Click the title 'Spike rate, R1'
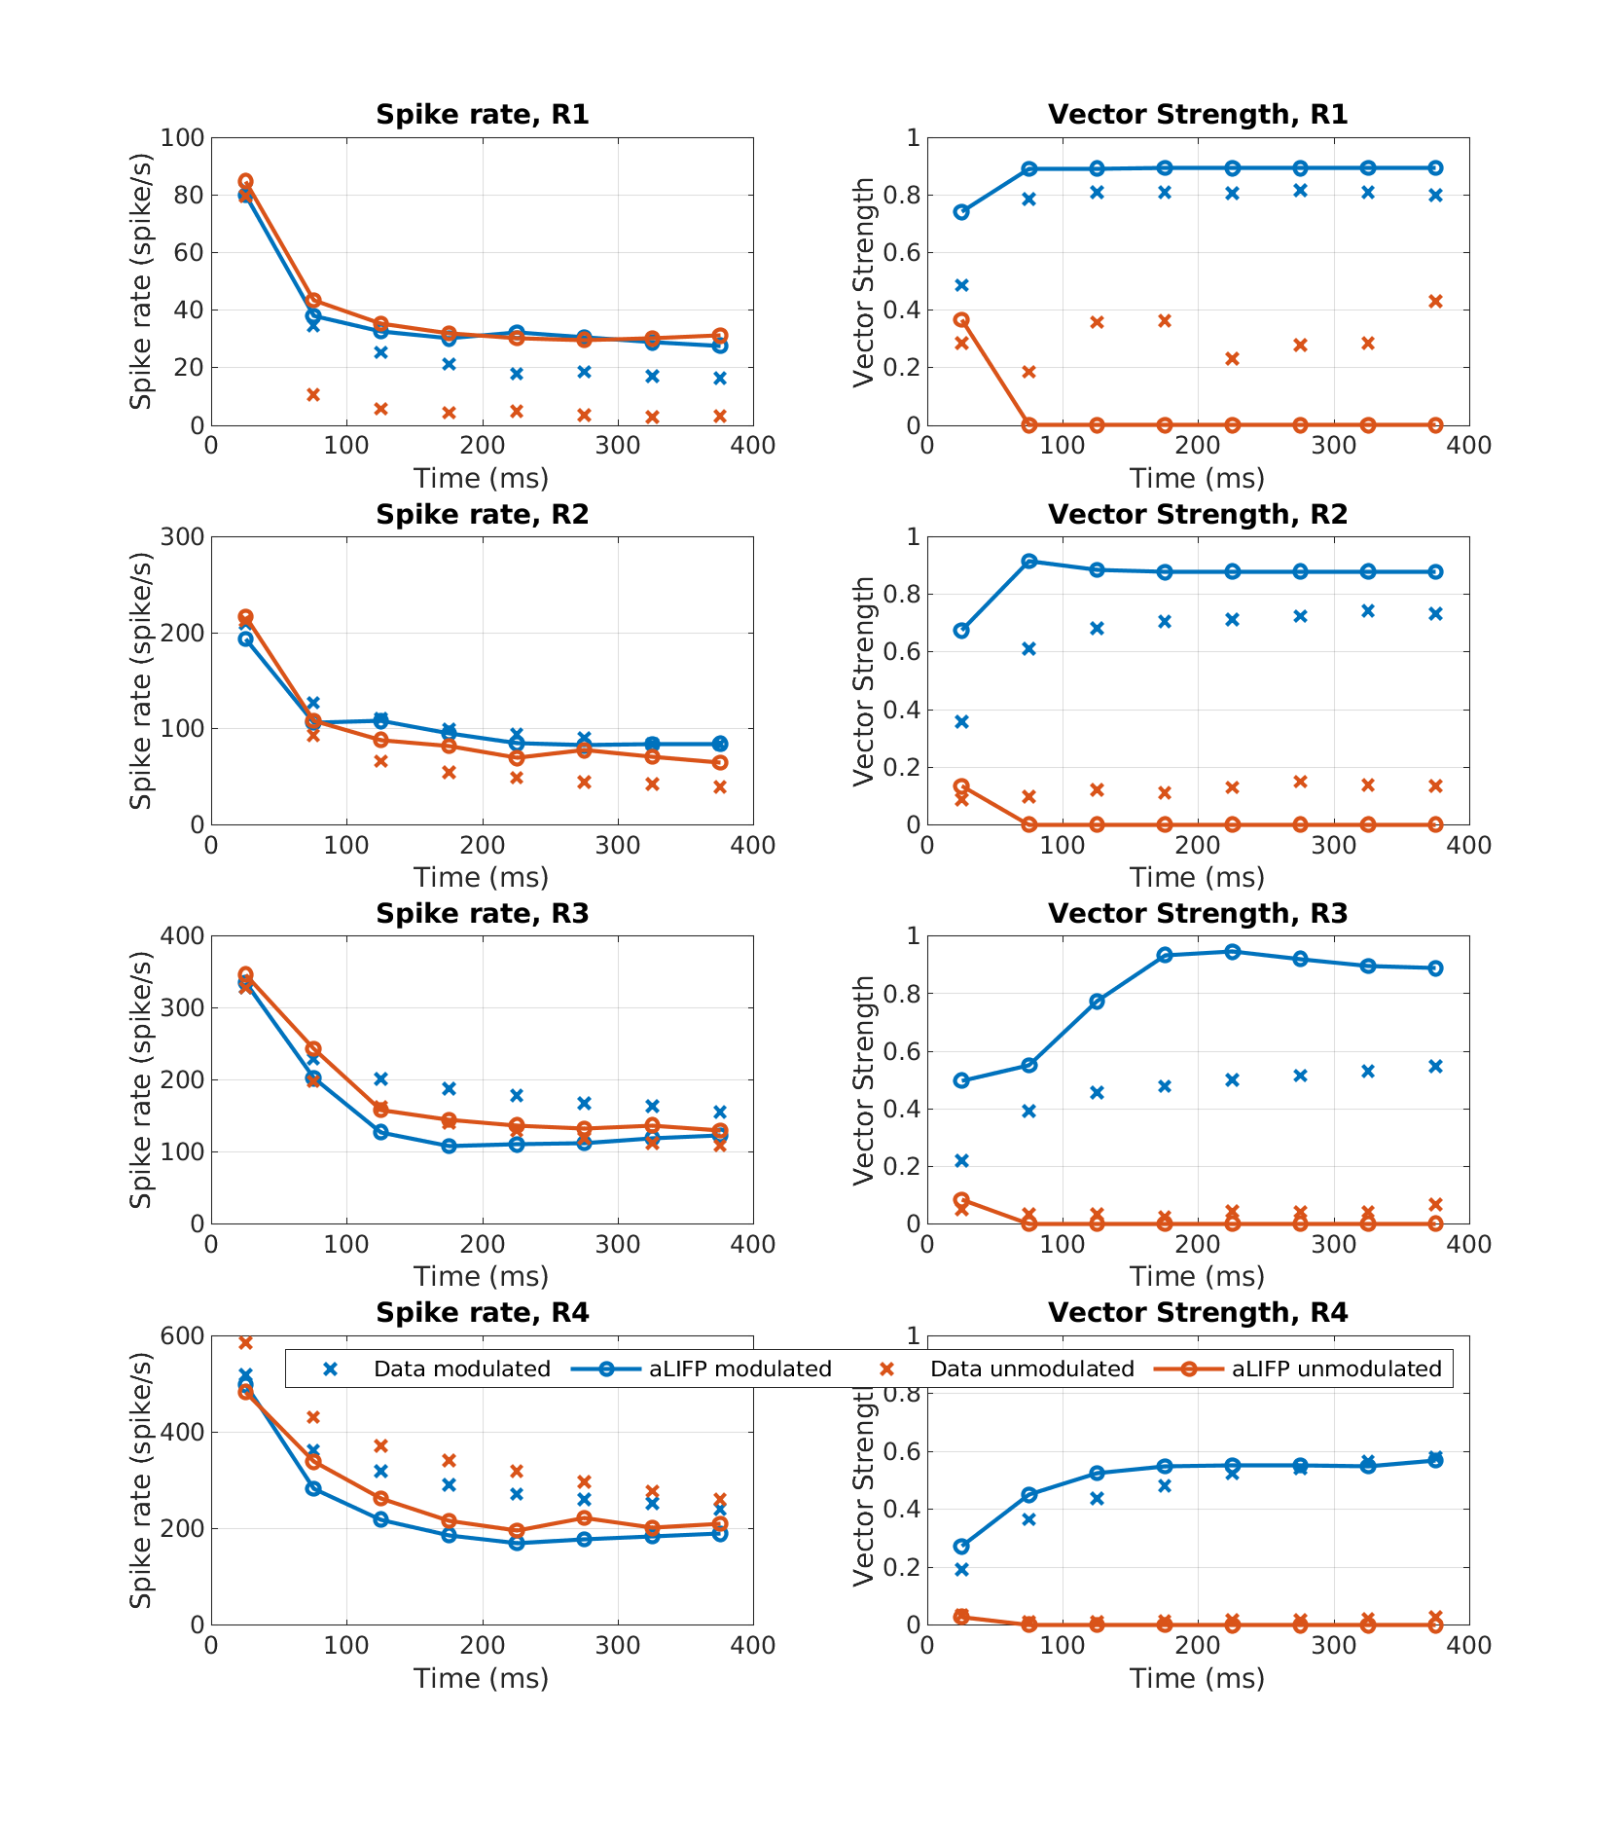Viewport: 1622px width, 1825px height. coord(482,115)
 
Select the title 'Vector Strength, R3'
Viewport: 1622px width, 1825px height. coord(1197,913)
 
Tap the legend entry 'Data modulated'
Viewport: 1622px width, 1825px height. coord(461,1369)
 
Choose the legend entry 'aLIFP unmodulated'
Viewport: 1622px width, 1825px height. coord(1336,1369)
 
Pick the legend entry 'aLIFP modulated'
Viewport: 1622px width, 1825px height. coord(739,1369)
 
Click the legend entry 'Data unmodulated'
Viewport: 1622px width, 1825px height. coord(1031,1369)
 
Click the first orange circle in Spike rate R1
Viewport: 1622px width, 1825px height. coord(245,181)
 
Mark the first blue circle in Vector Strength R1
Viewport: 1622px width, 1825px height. coord(961,212)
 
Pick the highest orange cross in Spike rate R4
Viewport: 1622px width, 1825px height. coord(245,1343)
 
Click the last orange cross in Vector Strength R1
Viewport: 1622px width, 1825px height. coord(1435,301)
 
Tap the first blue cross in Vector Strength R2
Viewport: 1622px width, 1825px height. coord(961,721)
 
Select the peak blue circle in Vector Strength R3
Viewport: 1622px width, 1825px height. coord(1232,952)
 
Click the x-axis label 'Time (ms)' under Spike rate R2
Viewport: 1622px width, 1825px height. coord(481,877)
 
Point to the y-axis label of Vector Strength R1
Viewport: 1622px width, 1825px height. coord(863,282)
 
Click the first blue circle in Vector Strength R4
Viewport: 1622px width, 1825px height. coord(961,1546)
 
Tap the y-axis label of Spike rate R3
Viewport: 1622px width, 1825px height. coord(142,1080)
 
